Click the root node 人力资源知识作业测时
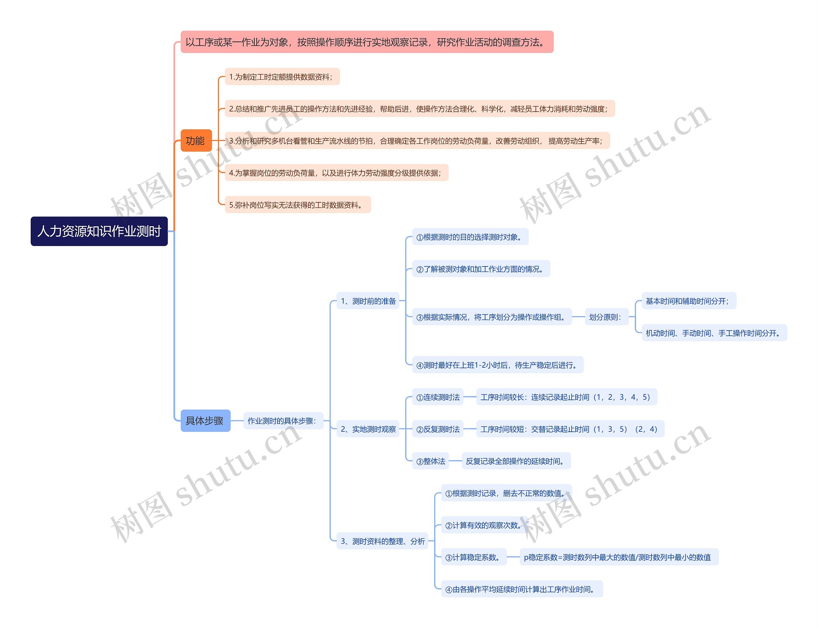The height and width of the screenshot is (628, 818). [x=99, y=231]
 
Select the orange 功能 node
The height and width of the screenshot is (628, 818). [x=196, y=140]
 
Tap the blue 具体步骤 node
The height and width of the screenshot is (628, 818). [x=205, y=421]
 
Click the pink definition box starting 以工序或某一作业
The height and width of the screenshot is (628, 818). [x=367, y=42]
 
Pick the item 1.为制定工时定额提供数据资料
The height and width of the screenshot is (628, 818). [x=282, y=77]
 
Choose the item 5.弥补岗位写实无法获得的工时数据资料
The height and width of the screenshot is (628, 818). [x=297, y=205]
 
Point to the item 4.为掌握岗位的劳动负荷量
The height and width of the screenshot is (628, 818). [x=336, y=173]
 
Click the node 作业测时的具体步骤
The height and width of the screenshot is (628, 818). [x=283, y=421]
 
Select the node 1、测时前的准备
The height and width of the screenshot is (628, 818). [x=368, y=301]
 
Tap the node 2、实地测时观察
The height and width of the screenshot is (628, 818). [x=368, y=429]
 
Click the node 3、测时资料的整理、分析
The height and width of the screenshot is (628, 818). [x=382, y=541]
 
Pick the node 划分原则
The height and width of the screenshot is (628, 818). [x=606, y=317]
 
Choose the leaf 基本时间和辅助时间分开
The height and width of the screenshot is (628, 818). [x=689, y=301]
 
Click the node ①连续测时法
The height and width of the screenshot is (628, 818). [x=437, y=397]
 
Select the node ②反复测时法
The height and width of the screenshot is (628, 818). [x=437, y=429]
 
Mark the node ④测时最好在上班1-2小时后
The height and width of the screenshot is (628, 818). [x=497, y=365]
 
